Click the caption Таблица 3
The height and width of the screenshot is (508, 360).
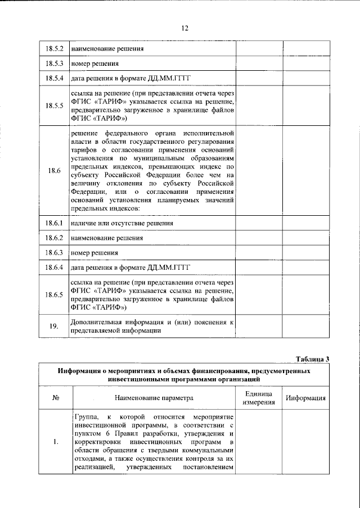312,359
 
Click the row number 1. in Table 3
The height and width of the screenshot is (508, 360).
56,442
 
